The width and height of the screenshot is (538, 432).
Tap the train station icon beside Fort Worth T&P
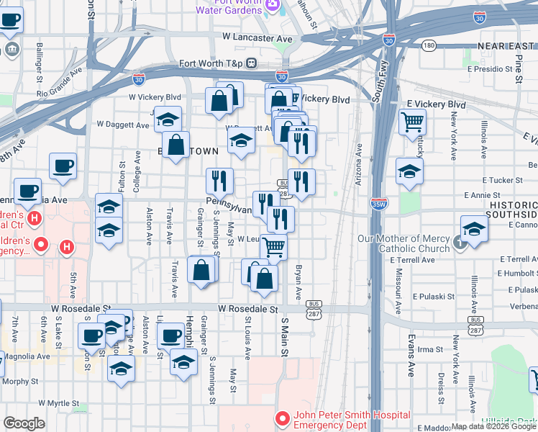(252, 62)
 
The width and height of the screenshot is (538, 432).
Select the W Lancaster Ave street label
(257, 37)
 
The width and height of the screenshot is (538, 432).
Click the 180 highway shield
(429, 45)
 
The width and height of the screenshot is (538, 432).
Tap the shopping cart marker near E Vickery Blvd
(412, 121)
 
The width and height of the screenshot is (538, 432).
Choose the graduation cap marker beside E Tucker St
(409, 172)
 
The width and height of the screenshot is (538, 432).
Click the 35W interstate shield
(379, 204)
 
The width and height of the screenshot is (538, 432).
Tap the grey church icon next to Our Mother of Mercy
(457, 239)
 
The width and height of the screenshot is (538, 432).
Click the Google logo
(24, 423)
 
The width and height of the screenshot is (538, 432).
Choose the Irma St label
(429, 349)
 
